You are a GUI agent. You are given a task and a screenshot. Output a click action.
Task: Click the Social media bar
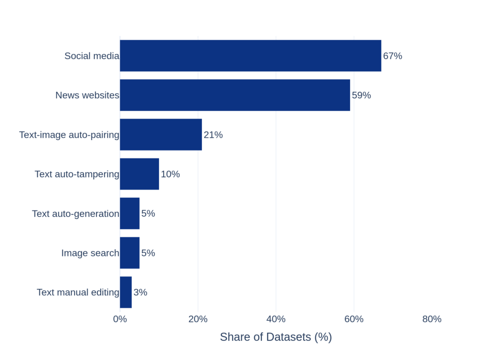pos(250,56)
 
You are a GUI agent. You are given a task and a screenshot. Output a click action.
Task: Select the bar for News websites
pos(235,95)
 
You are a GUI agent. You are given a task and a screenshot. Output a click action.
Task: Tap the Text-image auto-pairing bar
pos(161,135)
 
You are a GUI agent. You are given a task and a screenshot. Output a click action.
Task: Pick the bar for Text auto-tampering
pos(139,174)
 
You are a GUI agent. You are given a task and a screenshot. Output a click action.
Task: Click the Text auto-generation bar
pos(130,213)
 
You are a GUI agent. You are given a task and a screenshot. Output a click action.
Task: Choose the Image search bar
pos(130,253)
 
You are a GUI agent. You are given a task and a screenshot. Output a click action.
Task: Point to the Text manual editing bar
pos(126,292)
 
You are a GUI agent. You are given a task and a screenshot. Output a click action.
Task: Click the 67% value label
pos(392,56)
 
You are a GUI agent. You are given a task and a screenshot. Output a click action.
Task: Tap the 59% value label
pos(361,95)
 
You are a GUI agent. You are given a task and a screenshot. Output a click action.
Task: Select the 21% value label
pos(213,135)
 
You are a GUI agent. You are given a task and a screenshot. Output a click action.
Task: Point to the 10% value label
pos(170,174)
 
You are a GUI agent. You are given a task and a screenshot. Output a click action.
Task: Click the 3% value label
pos(140,292)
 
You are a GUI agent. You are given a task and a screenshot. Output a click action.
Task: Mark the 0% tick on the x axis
pos(120,319)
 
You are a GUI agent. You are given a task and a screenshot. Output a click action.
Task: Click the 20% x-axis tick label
pos(198,319)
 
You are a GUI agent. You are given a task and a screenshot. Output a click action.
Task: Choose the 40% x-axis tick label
pos(276,319)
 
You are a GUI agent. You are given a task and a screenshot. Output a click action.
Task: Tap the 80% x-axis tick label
pos(432,319)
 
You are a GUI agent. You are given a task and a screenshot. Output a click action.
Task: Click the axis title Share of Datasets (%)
pos(276,337)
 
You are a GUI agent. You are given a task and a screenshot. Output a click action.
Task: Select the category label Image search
pos(90,253)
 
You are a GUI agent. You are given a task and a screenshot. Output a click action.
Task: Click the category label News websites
pos(87,95)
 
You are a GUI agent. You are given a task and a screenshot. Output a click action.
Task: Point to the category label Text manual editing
pos(78,292)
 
